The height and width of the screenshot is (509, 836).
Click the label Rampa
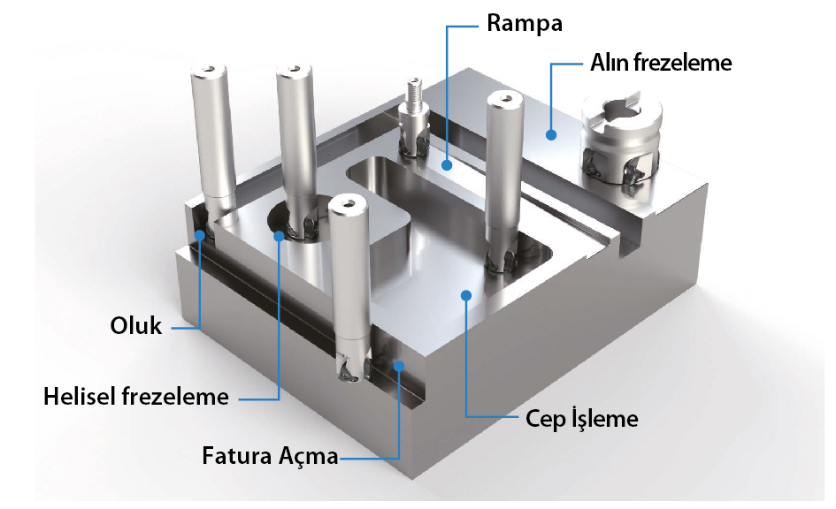point(525,24)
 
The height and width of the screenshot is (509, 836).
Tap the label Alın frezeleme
point(661,64)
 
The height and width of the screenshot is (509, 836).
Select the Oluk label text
point(137,326)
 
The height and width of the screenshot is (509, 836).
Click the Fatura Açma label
point(270,457)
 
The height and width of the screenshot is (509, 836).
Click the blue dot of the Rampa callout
point(449,163)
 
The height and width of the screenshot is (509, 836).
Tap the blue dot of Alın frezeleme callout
point(550,135)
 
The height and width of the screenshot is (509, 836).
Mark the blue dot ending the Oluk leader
point(201,235)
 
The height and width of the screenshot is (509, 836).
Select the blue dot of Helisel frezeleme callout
point(279,235)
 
